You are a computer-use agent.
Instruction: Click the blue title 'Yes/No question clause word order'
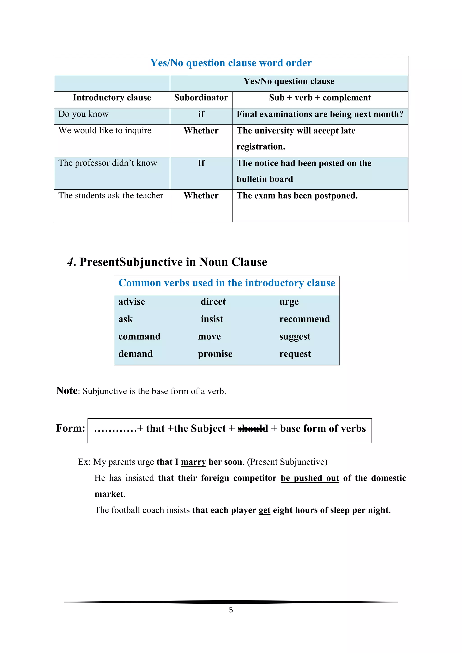pyautogui.click(x=231, y=63)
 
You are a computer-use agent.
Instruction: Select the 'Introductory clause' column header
pyautogui.click(x=112, y=98)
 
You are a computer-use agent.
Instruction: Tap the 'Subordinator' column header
pyautogui.click(x=201, y=98)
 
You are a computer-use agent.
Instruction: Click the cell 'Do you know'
pyautogui.click(x=83, y=114)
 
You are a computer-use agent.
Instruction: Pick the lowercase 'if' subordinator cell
pyautogui.click(x=201, y=114)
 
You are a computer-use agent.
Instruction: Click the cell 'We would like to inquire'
pyautogui.click(x=105, y=131)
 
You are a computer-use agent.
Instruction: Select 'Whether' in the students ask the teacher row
pyautogui.click(x=201, y=196)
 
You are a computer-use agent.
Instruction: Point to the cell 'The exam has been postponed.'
pyautogui.click(x=297, y=196)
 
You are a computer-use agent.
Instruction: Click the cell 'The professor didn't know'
pyautogui.click(x=108, y=163)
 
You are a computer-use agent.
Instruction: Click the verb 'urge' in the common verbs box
pyautogui.click(x=289, y=302)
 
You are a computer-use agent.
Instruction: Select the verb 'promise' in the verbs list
pyautogui.click(x=215, y=354)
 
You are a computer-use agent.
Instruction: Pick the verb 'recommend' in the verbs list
pyautogui.click(x=304, y=319)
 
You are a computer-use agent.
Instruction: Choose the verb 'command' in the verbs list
pyautogui.click(x=139, y=336)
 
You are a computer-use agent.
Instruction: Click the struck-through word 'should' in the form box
pyautogui.click(x=253, y=428)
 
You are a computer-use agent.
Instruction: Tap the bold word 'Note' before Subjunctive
pyautogui.click(x=67, y=391)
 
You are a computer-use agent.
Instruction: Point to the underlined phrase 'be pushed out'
pyautogui.click(x=310, y=478)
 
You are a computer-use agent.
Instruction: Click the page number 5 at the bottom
pyautogui.click(x=231, y=610)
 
